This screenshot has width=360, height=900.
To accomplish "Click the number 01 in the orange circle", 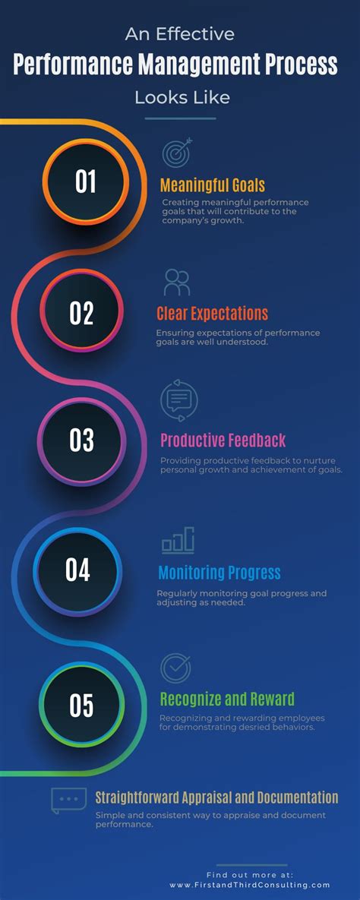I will tap(85, 182).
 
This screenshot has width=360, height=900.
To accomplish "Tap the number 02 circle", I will tap(81, 313).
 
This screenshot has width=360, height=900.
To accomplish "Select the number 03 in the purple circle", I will tap(81, 441).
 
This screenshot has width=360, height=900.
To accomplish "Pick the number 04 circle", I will tap(77, 570).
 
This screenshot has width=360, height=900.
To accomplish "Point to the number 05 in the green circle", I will tap(81, 706).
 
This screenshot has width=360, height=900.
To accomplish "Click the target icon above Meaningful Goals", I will tap(177, 153).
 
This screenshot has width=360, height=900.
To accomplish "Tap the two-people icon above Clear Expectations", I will tap(177, 283).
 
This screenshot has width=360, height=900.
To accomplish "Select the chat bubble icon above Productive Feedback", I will tap(179, 400).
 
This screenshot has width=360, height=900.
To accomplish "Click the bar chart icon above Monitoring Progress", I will tap(178, 540).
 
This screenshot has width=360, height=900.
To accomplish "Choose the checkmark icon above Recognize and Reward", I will tap(175, 668).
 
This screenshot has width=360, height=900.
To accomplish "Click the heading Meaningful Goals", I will tap(212, 185).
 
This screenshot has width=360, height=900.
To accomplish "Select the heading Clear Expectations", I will tap(212, 314).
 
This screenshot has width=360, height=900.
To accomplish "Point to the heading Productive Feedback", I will tap(223, 441).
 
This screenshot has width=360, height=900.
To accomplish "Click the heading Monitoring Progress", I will tap(219, 573).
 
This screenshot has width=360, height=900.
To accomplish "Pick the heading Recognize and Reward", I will tap(226, 699).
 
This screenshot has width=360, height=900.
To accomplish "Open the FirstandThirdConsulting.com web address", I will tap(250, 885).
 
